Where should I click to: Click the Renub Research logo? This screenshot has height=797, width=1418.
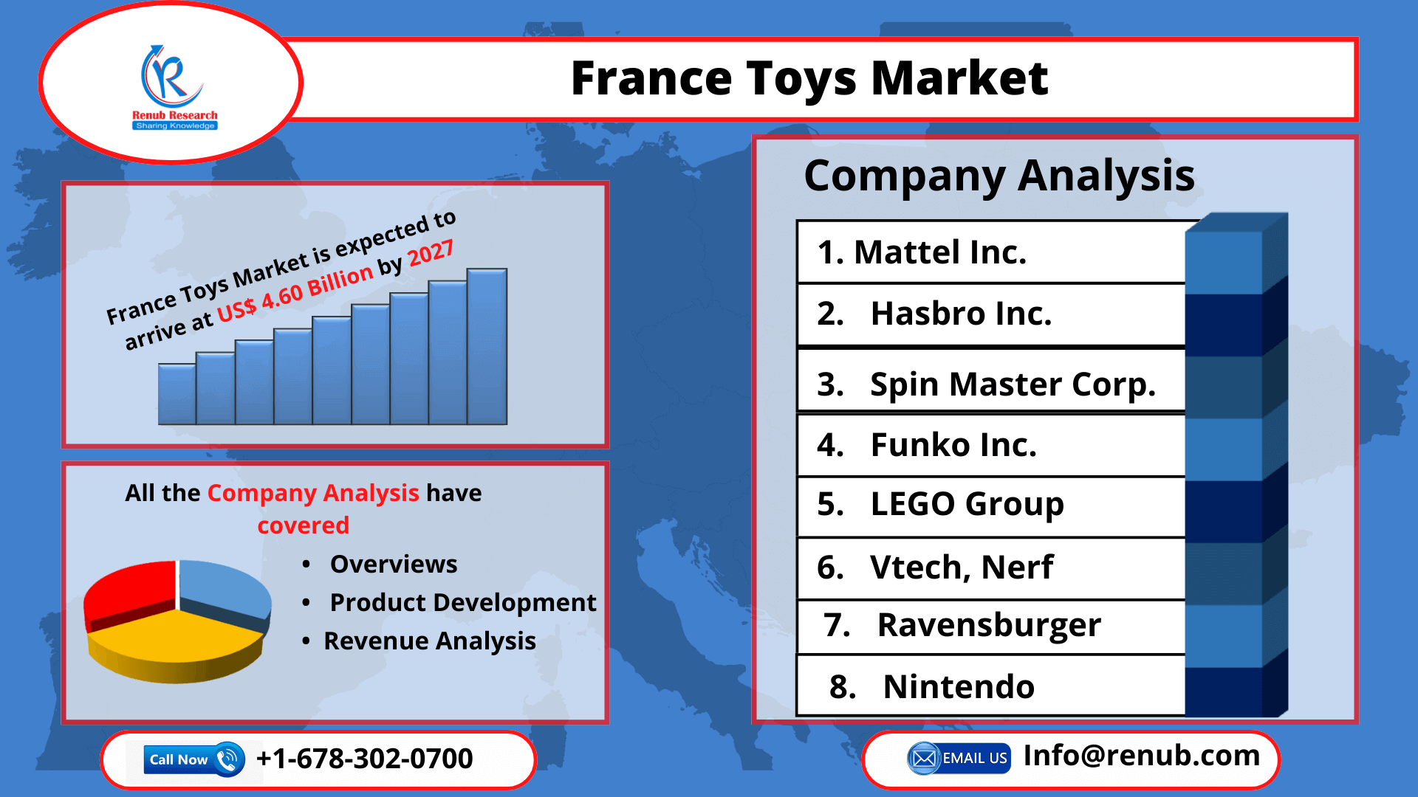click(x=174, y=85)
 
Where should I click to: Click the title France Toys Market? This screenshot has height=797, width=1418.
click(x=809, y=78)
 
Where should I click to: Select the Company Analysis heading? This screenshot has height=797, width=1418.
click(x=999, y=176)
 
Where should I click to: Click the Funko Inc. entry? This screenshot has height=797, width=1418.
click(x=927, y=445)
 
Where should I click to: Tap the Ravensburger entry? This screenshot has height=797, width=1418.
click(x=962, y=626)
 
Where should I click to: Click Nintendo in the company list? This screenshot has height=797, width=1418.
click(x=932, y=687)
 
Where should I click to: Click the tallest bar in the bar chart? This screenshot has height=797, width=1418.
click(x=487, y=347)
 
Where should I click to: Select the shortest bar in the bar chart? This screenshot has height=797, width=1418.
click(x=177, y=394)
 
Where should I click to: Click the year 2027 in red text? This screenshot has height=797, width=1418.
click(x=431, y=254)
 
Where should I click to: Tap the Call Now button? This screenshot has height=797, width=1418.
click(x=193, y=759)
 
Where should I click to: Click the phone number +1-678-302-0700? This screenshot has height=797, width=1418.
click(x=364, y=759)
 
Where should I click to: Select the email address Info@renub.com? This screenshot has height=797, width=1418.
click(x=1141, y=756)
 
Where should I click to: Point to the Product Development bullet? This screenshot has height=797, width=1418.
click(x=462, y=603)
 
